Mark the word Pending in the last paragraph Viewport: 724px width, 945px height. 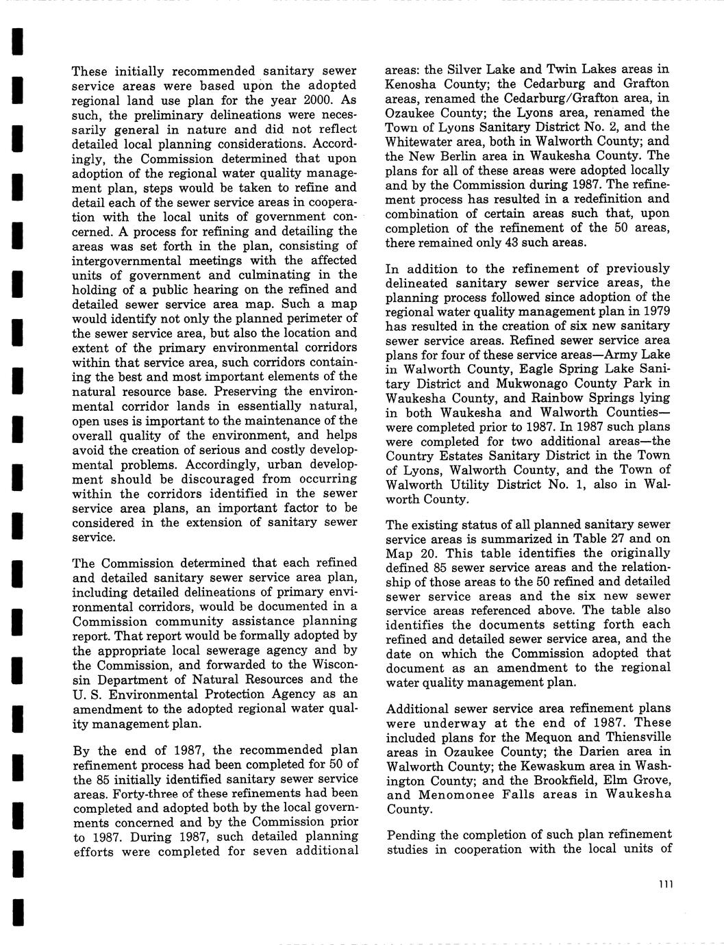click(x=411, y=835)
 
